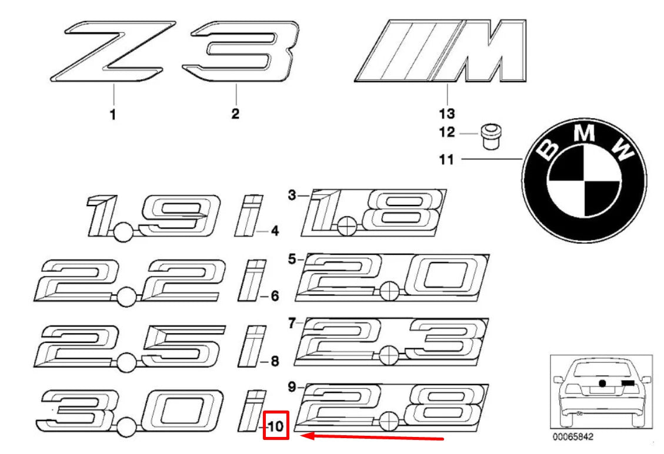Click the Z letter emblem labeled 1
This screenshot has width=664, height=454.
[112, 52]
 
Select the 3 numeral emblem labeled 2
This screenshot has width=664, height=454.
[238, 52]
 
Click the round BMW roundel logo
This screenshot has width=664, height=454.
[584, 177]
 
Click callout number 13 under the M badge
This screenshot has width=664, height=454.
[446, 113]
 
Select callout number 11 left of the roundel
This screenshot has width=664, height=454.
[447, 159]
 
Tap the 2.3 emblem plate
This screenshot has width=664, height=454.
[393, 341]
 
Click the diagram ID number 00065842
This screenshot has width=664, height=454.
[571, 438]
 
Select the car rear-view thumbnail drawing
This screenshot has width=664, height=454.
[600, 391]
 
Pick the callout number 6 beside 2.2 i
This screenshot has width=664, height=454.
[274, 296]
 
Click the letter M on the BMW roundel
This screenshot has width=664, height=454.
[583, 134]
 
